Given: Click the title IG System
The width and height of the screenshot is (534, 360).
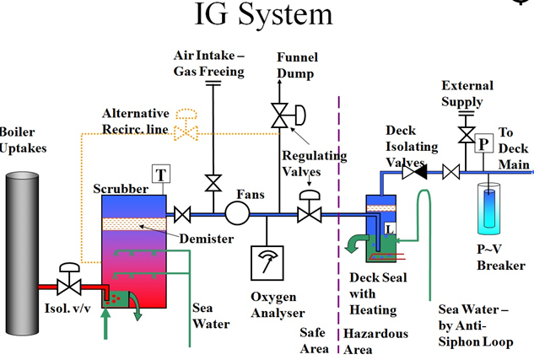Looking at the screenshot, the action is click(x=263, y=14).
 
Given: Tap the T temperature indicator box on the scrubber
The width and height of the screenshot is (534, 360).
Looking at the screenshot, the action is click(x=161, y=175).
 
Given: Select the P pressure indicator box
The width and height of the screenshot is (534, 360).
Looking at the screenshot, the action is click(x=484, y=143).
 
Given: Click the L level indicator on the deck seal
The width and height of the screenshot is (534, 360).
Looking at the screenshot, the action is click(x=390, y=228).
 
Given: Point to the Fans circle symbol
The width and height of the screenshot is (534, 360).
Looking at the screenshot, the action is click(x=237, y=213).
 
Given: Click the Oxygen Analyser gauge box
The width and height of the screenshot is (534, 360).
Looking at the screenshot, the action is click(x=267, y=263).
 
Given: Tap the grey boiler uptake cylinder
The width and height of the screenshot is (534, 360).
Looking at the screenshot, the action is click(x=22, y=254).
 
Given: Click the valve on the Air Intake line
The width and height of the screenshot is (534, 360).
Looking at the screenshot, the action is click(x=213, y=183).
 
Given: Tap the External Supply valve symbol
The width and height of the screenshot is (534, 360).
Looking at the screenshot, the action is click(x=467, y=135).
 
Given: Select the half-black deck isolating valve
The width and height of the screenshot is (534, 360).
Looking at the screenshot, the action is click(x=414, y=172).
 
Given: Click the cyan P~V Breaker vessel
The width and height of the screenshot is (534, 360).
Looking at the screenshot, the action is click(x=489, y=208).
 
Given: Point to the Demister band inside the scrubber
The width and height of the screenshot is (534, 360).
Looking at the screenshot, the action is click(x=134, y=224).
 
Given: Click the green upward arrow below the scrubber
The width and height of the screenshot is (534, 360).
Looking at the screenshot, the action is click(x=105, y=323).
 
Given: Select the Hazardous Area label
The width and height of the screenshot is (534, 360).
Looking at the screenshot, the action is click(x=375, y=341).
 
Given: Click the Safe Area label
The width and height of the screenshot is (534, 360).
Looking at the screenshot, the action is click(x=314, y=341).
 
